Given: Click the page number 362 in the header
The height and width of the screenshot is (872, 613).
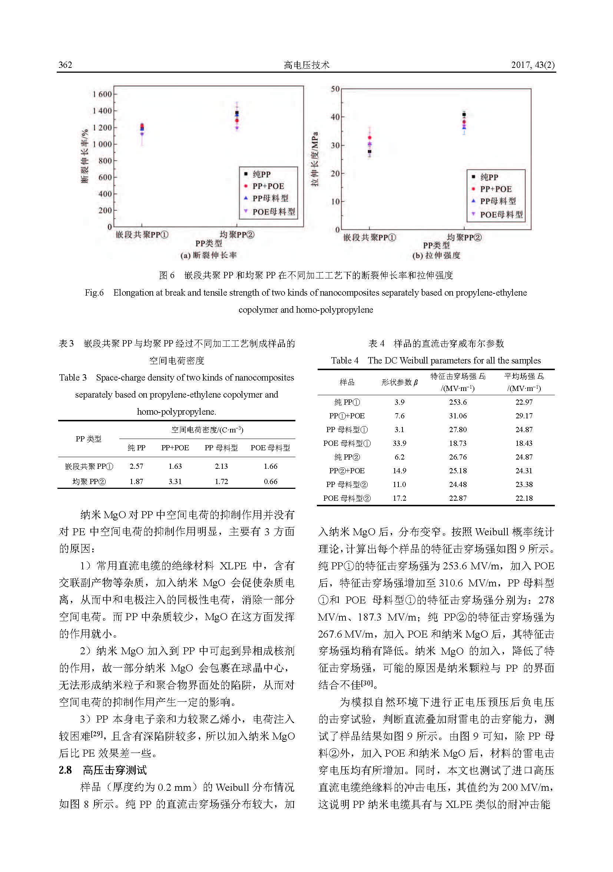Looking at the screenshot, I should click(65, 65).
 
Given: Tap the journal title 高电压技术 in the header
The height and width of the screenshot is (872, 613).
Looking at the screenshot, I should click(306, 65).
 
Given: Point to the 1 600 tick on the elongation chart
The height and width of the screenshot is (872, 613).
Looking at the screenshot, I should click(102, 94).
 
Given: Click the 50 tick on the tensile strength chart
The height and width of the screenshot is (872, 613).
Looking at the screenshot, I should click(335, 89).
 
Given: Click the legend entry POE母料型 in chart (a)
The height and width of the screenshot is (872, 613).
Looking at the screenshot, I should click(273, 211).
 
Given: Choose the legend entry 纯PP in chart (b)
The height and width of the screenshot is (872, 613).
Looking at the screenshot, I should click(489, 177).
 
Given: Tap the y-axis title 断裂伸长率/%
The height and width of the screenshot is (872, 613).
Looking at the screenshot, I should click(85, 156).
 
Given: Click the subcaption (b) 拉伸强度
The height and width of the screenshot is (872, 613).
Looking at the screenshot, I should click(436, 255).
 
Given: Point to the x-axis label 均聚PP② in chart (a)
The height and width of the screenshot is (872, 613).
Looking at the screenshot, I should click(237, 235).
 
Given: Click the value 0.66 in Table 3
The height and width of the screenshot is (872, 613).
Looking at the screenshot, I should click(270, 481).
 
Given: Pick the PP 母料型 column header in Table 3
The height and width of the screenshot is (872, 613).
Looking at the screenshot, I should click(221, 448).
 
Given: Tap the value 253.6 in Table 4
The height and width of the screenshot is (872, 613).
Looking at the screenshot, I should click(458, 402).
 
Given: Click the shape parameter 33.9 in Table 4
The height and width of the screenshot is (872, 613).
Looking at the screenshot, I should click(399, 443).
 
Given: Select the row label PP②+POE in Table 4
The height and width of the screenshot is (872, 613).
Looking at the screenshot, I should click(347, 471).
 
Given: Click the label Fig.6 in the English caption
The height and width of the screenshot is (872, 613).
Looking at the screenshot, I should click(94, 292).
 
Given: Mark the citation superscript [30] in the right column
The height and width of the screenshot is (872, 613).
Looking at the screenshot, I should click(367, 682).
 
